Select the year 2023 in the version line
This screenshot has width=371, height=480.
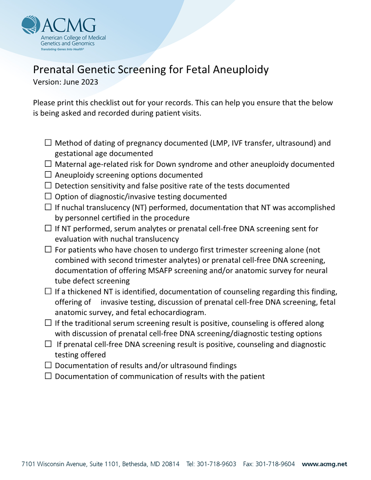tap(89, 82)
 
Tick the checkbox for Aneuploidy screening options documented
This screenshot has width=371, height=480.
tap(48, 175)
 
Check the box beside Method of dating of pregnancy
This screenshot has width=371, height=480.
tap(48, 143)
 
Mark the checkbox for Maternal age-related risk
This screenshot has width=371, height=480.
tap(48, 164)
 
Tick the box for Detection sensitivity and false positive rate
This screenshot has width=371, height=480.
tap(48, 185)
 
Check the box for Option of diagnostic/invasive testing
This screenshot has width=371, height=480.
tap(48, 196)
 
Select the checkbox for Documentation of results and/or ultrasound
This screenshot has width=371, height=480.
tap(48, 365)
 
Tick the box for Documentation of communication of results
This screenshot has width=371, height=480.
tap(48, 376)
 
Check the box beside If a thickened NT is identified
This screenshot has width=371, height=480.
tap(48, 291)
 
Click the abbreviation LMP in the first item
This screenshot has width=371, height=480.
tap(219, 143)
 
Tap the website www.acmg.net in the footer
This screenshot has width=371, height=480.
tap(324, 464)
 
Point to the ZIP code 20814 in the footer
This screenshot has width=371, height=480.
tap(170, 464)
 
